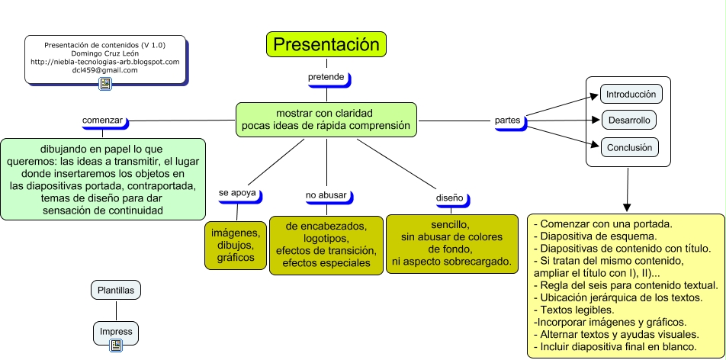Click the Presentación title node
coord(326,44)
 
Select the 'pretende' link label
coord(327,78)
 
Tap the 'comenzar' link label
coord(103,121)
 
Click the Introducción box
coord(631,94)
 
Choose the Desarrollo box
coord(629,121)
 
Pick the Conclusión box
coord(629,148)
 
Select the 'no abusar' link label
coord(327,196)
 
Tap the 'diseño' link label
coord(451,199)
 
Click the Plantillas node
coord(116,291)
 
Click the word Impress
coord(116,332)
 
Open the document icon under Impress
coord(116,346)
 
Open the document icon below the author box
coord(105,84)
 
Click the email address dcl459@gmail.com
coord(105,70)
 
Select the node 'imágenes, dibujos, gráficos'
coord(236,245)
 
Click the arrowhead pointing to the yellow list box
coord(628,207)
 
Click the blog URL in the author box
coord(105,62)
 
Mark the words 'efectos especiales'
coord(326,262)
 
